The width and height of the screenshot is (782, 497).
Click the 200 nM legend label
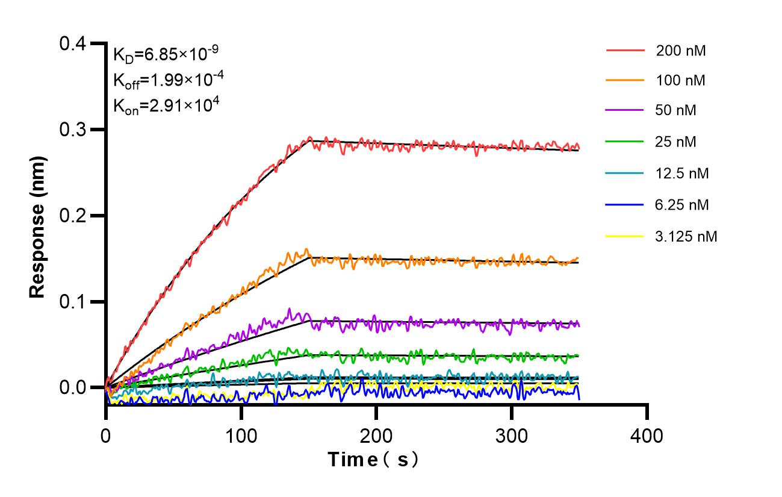click(681, 51)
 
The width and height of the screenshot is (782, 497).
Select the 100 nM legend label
click(681, 81)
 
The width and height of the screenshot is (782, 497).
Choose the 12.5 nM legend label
click(683, 173)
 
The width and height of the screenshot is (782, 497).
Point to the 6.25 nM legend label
click(683, 205)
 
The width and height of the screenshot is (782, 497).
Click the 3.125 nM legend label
click(686, 236)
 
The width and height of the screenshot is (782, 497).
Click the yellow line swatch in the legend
click(626, 236)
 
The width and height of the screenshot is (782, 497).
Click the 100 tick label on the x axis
click(241, 434)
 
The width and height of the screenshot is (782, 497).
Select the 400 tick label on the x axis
click(647, 434)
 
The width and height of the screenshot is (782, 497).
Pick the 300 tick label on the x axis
click(512, 434)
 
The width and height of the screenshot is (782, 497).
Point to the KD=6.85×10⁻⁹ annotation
click(166, 55)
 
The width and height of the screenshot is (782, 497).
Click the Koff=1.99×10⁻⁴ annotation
click(166, 80)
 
